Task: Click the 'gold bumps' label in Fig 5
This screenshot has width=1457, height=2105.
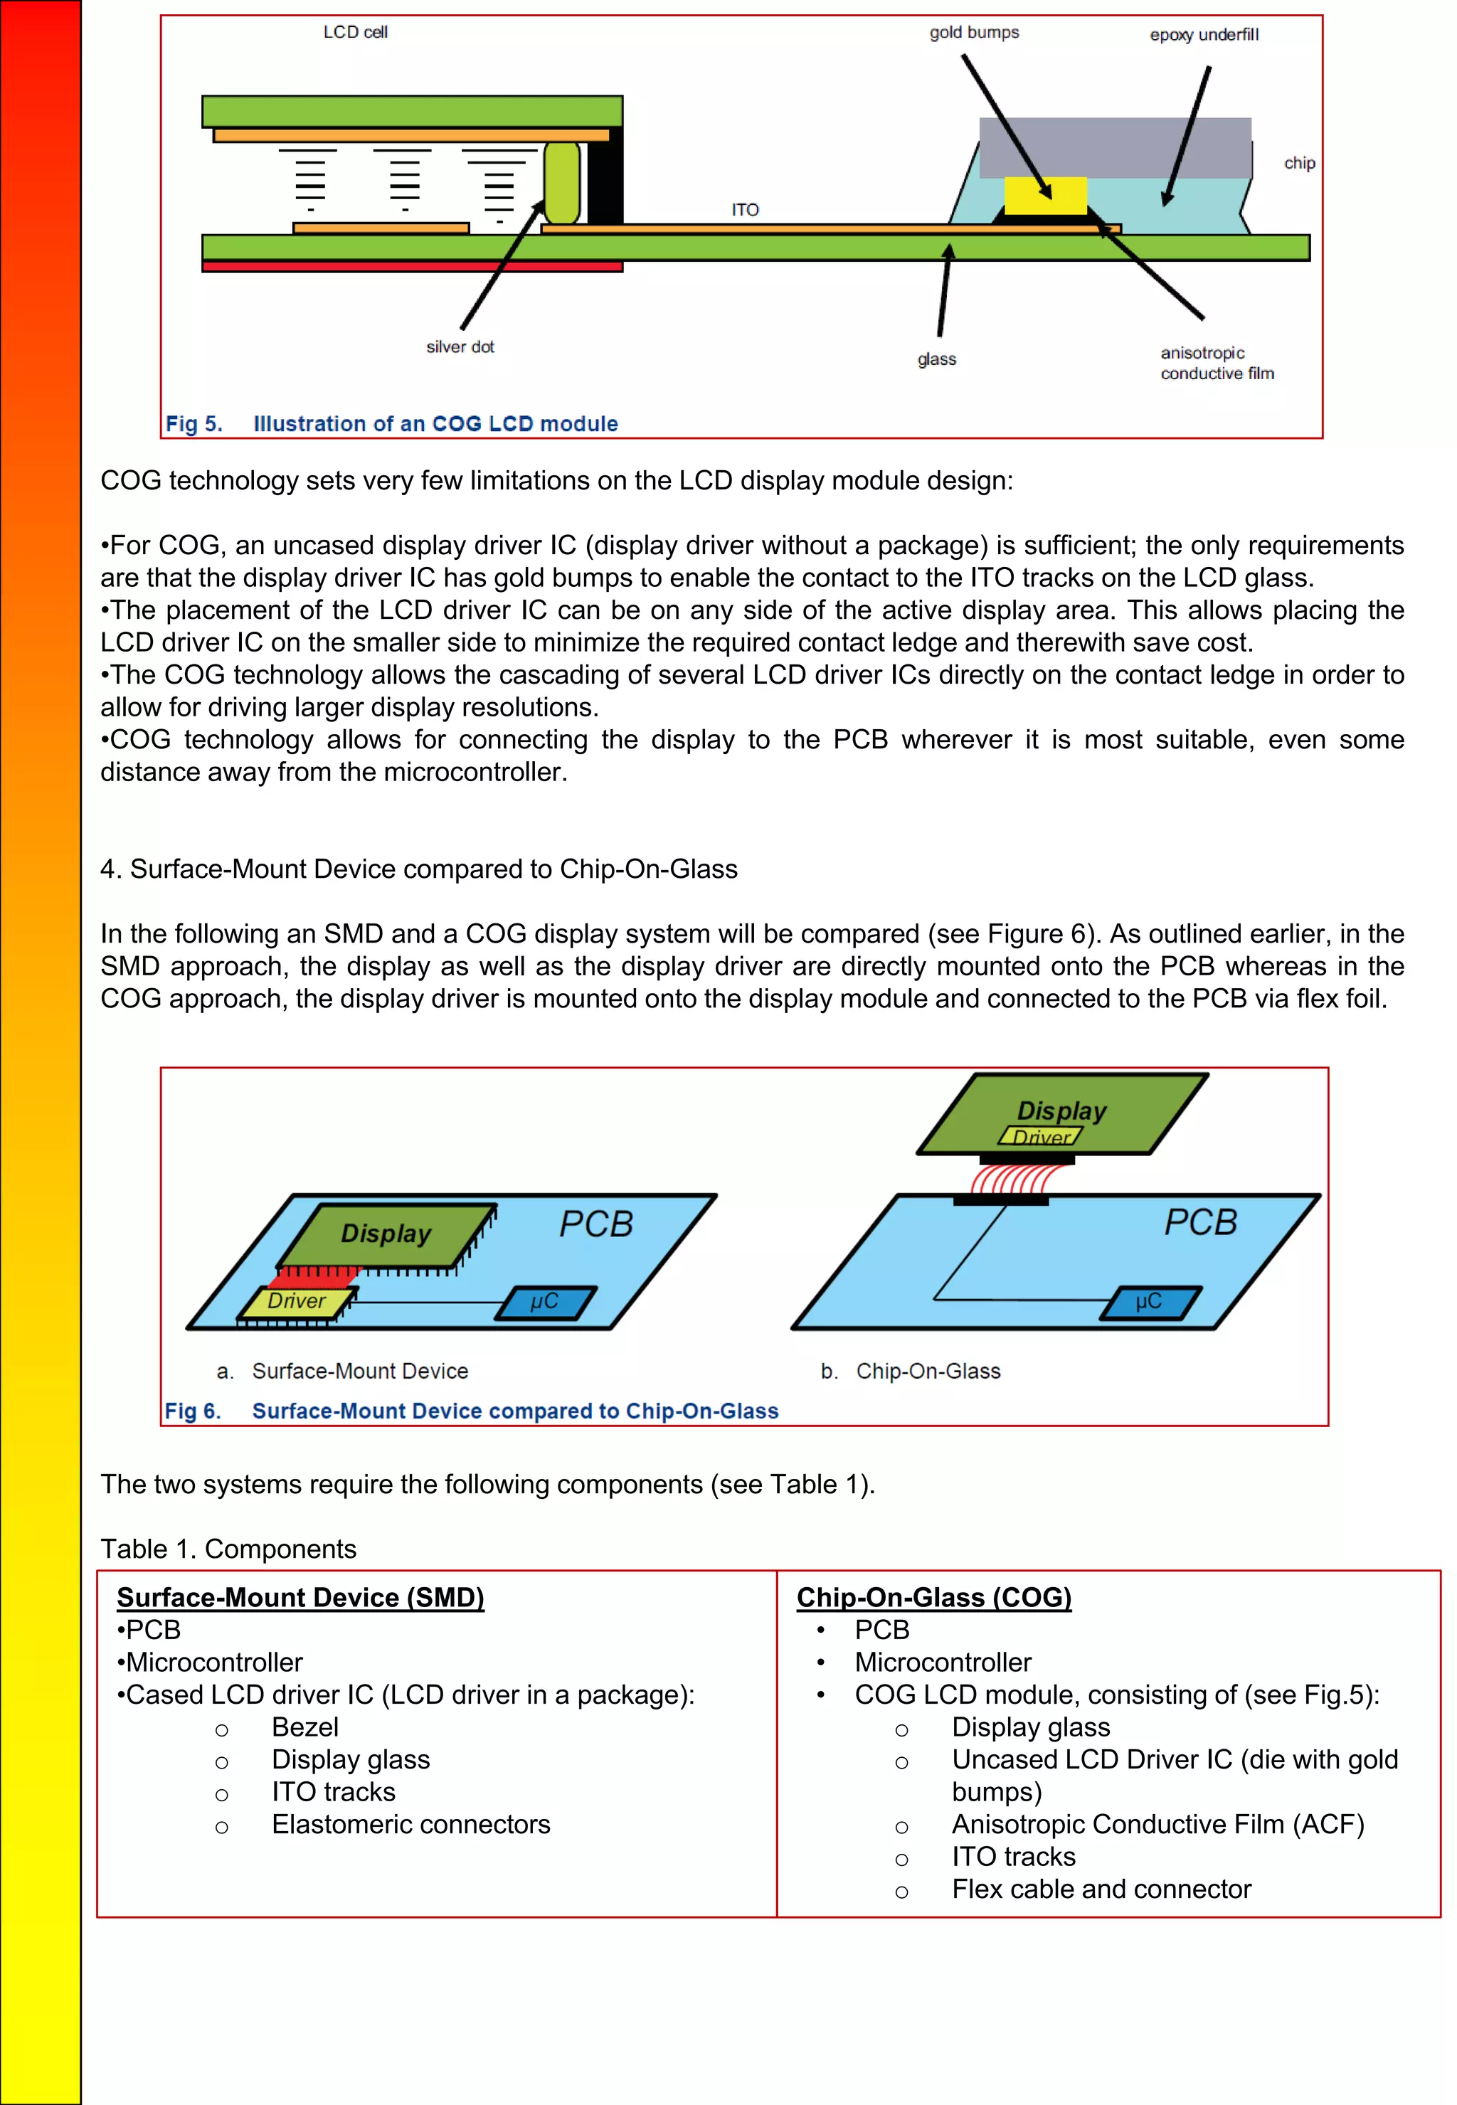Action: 974,33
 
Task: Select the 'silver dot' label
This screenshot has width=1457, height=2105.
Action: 460,347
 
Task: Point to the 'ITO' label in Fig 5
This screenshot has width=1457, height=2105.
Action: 745,210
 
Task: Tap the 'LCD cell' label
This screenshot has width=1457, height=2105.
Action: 355,32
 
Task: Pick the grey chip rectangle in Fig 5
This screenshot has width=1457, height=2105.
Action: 1114,146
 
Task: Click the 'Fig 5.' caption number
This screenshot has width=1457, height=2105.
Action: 194,423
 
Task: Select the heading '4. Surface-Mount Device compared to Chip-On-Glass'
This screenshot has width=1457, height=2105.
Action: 419,869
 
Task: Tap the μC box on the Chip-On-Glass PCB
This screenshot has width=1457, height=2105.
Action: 1148,1302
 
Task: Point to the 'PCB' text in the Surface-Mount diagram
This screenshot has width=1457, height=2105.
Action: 596,1224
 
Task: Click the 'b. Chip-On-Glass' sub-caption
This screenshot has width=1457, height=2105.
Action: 910,1371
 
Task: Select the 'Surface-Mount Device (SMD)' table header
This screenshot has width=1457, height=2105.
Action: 300,1598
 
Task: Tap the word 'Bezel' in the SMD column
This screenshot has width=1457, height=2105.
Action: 305,1727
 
